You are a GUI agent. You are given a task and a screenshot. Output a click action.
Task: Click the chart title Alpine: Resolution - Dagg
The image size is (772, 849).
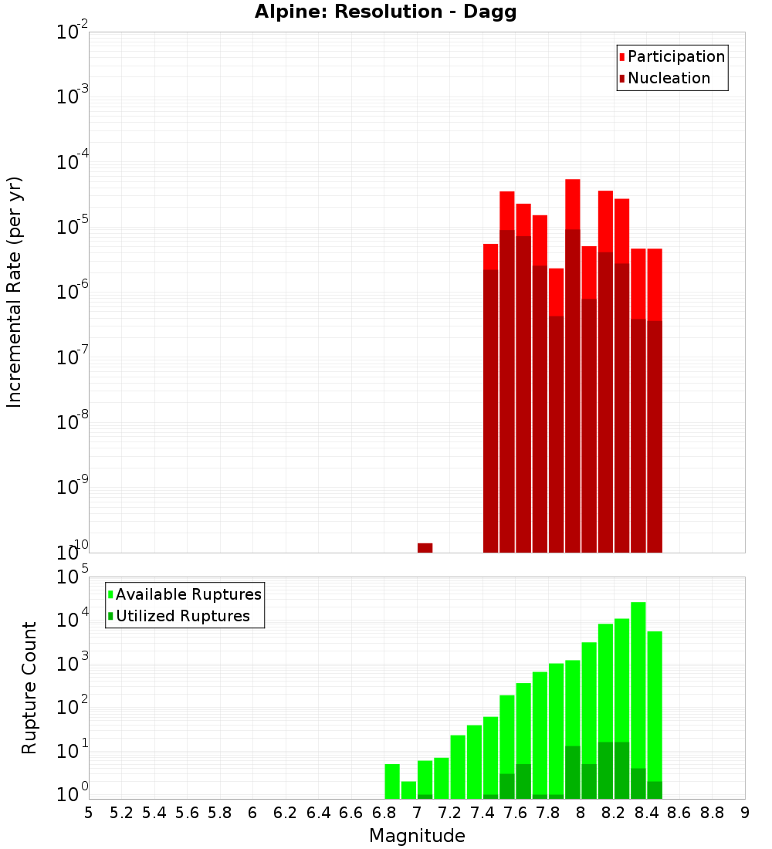tap(385, 12)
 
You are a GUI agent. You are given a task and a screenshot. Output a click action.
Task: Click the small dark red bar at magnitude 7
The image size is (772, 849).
tap(425, 548)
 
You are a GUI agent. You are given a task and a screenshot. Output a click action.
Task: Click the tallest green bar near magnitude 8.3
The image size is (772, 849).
tap(638, 695)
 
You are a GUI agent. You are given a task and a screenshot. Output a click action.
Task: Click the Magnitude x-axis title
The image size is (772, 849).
tap(417, 836)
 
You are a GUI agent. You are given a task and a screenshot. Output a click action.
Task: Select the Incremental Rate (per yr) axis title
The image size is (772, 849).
tap(15, 292)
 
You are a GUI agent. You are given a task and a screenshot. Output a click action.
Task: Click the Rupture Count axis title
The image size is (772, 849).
tap(29, 688)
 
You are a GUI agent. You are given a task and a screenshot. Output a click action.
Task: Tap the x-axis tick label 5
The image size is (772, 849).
tap(88, 813)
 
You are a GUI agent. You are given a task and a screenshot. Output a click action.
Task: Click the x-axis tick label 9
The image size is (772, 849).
tap(745, 813)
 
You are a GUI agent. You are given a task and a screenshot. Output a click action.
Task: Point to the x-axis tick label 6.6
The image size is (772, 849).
tap(351, 813)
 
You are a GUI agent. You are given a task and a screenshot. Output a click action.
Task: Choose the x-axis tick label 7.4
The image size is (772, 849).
tap(482, 813)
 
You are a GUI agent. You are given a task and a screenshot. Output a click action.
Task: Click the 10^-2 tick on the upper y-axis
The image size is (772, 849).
tap(73, 32)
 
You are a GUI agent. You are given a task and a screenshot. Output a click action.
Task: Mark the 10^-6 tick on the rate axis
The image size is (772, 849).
tap(73, 292)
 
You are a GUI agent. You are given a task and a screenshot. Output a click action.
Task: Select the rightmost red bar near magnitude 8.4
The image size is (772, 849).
tap(655, 401)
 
